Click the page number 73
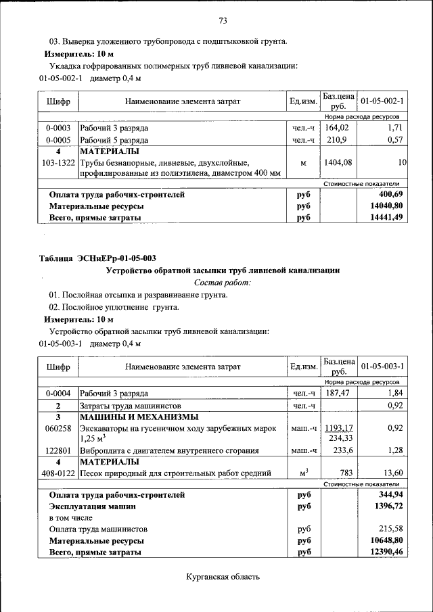(222, 20)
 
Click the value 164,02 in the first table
(336, 127)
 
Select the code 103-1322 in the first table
(58, 163)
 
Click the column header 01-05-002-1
(382, 101)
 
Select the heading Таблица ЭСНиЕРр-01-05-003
(97, 258)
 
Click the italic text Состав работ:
(222, 282)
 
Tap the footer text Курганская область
(222, 577)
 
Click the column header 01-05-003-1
(382, 367)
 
